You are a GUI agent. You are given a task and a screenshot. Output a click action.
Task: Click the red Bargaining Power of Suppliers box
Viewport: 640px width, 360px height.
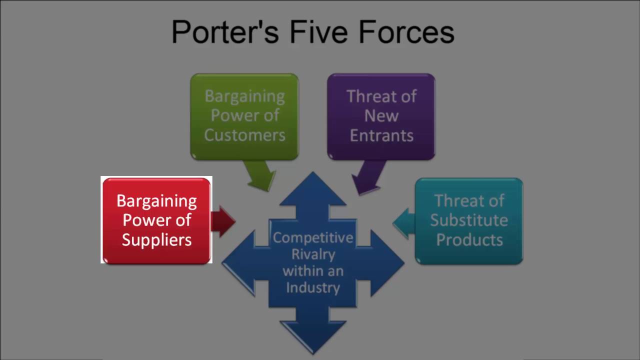(156, 220)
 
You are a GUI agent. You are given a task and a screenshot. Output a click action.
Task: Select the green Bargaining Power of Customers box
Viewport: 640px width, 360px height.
(244, 116)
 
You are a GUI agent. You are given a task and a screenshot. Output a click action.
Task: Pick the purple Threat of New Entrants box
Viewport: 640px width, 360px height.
(381, 116)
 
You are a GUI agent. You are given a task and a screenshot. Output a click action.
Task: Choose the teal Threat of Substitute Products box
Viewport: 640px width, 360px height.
(469, 220)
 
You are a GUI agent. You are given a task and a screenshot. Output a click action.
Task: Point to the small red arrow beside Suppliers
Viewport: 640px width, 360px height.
(223, 221)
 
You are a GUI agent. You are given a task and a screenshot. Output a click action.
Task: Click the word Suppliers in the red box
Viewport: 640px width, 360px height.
(156, 240)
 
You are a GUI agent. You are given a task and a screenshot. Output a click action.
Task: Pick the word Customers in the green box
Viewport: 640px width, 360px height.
(244, 135)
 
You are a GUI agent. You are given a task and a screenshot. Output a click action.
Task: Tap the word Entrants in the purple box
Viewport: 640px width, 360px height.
(381, 135)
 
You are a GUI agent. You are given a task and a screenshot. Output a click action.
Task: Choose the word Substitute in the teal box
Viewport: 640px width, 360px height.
(469, 220)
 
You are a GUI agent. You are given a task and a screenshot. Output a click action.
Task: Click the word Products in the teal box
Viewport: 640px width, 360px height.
(469, 239)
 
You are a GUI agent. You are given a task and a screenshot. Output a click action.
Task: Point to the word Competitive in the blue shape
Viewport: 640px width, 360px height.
(313, 237)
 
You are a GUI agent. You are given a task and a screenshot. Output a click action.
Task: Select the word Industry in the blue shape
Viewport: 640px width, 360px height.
(313, 287)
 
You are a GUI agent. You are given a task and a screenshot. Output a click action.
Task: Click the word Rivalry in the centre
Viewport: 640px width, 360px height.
(313, 254)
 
